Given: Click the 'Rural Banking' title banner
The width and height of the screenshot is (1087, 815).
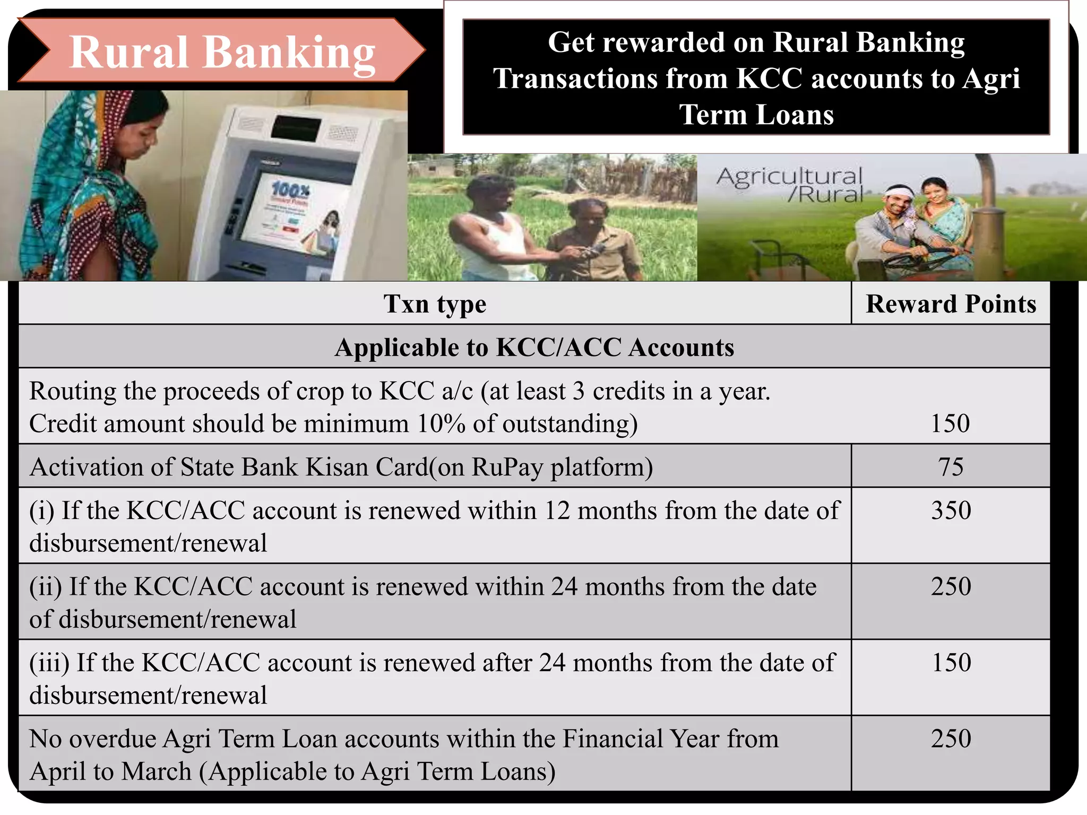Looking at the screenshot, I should point(222,52).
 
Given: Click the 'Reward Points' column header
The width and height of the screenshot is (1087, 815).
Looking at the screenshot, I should point(951,304).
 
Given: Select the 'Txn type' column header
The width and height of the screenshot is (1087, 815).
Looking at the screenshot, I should point(435,304).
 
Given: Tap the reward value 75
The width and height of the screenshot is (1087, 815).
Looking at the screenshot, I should point(951,467).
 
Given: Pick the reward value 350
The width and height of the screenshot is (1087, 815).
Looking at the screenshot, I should point(951,510).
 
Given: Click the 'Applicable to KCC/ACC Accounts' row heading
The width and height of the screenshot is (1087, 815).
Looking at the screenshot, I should point(534,348).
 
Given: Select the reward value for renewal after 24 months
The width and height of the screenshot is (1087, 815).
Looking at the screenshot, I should point(951,662).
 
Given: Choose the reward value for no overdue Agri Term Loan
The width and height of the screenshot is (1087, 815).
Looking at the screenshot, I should point(951,738).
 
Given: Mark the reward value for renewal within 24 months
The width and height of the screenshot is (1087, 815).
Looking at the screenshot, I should point(951,586).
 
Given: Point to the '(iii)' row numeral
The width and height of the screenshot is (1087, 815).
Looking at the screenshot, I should point(49,663).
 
